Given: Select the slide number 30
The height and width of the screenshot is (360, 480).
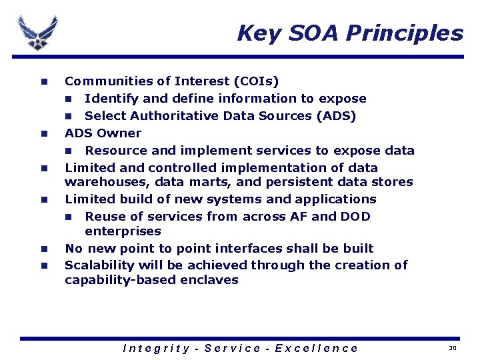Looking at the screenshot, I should pos(453,348).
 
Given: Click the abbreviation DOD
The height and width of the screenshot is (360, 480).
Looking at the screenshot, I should pos(355,217).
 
